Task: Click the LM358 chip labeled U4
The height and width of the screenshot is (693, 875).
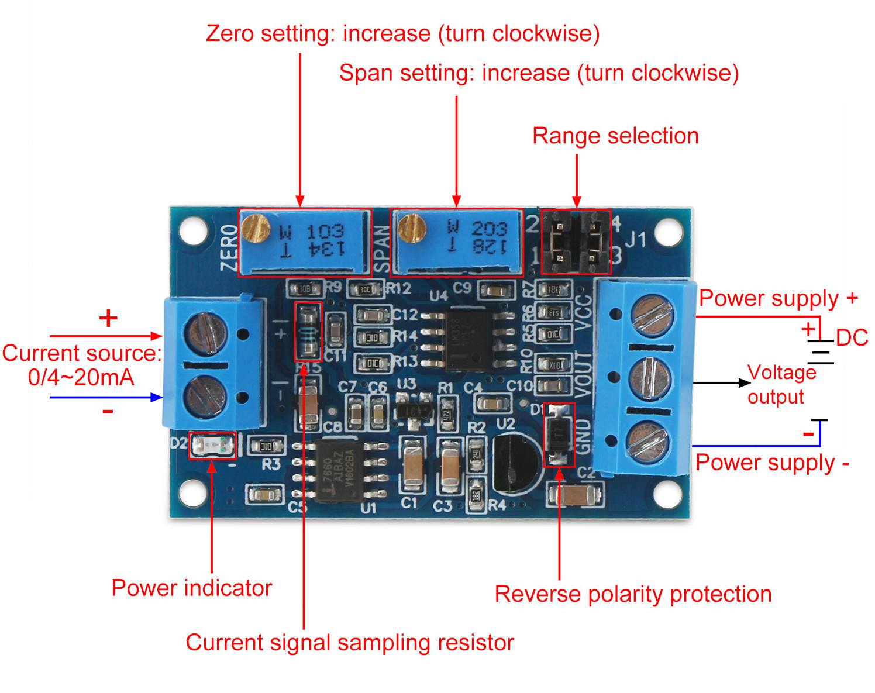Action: click(467, 340)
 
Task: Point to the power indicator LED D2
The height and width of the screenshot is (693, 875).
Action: click(212, 446)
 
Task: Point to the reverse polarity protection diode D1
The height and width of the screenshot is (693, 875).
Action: click(559, 435)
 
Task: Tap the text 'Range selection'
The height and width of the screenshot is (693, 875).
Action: click(615, 136)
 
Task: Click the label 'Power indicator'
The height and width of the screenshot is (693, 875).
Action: click(191, 588)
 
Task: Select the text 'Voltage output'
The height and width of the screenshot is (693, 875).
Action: click(780, 384)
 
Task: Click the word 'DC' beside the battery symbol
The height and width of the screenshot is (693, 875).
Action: click(852, 338)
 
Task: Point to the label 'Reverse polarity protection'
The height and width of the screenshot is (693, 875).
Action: click(633, 594)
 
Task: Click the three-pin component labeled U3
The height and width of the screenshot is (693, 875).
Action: click(415, 406)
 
